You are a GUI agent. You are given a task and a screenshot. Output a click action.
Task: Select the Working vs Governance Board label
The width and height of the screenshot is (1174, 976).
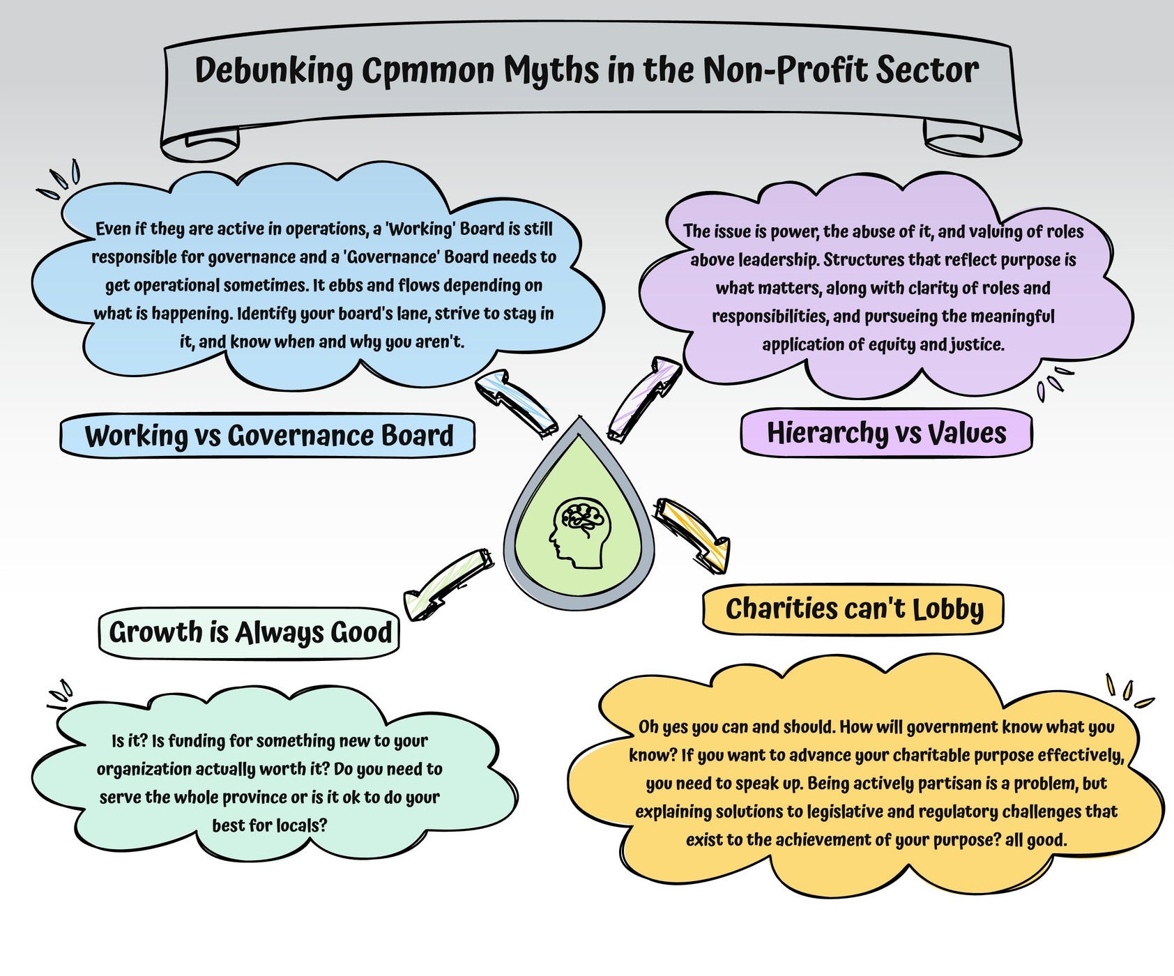[268, 436]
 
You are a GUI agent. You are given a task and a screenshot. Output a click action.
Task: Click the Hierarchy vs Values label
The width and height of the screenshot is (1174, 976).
[886, 433]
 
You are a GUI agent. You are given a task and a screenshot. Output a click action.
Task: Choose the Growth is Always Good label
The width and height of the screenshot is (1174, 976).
[250, 632]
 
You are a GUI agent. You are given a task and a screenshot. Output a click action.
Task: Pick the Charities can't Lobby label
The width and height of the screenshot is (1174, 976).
[853, 610]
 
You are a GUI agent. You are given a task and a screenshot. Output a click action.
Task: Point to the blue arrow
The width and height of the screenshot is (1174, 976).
[516, 404]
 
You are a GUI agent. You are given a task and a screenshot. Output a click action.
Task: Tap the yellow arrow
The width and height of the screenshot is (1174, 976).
[694, 533]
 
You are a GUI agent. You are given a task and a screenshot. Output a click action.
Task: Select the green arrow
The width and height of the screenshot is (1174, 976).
[446, 583]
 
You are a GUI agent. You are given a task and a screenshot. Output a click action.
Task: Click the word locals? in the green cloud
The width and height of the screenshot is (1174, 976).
[301, 826]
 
